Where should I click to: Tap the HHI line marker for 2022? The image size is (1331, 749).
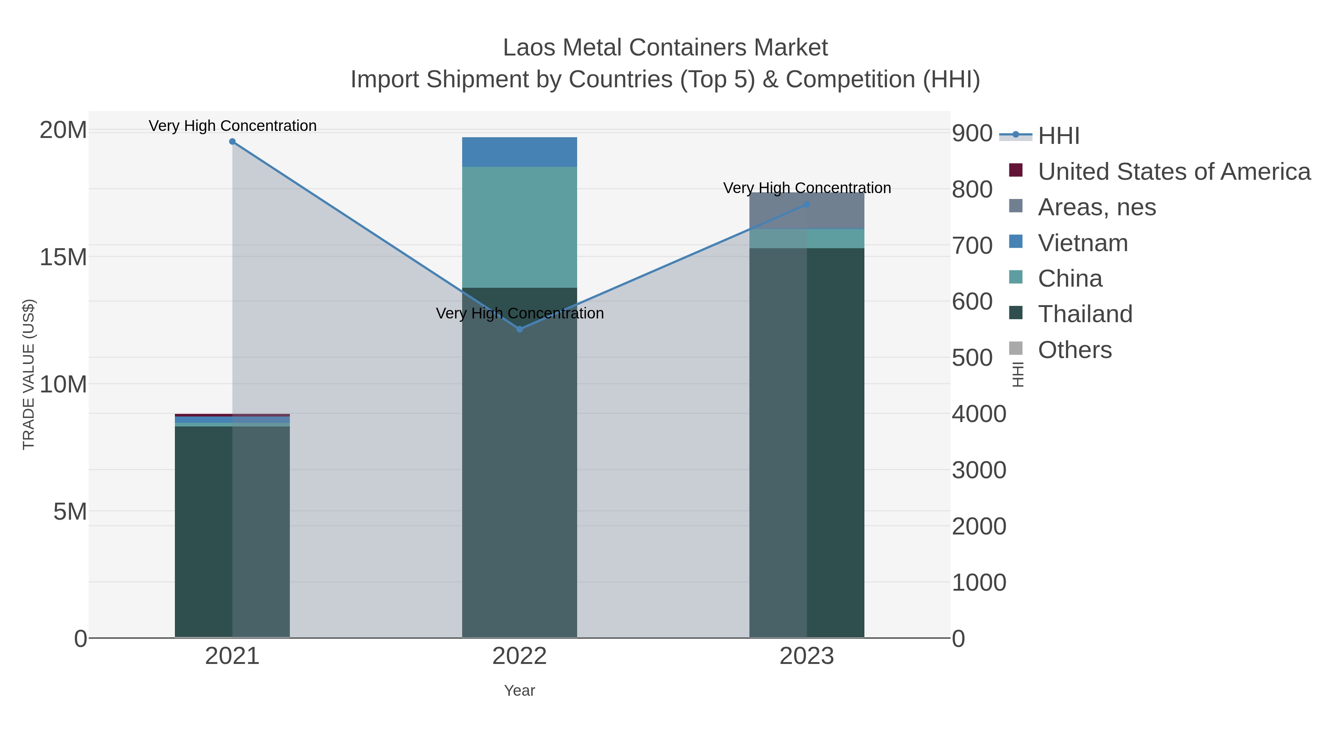(x=519, y=329)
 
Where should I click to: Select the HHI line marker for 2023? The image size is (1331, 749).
(x=807, y=205)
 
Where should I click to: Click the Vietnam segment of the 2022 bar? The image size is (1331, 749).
(x=519, y=152)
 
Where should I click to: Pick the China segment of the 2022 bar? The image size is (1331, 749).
(x=519, y=227)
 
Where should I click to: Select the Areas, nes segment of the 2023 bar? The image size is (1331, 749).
(x=807, y=211)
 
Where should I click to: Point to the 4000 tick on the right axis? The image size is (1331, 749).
(x=979, y=414)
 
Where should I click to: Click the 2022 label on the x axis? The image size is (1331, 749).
(x=519, y=657)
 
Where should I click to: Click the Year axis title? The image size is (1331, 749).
(x=519, y=691)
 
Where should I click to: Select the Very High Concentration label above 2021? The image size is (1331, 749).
(x=233, y=126)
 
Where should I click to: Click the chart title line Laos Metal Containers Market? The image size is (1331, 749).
(x=665, y=48)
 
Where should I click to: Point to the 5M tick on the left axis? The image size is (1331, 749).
(x=70, y=512)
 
